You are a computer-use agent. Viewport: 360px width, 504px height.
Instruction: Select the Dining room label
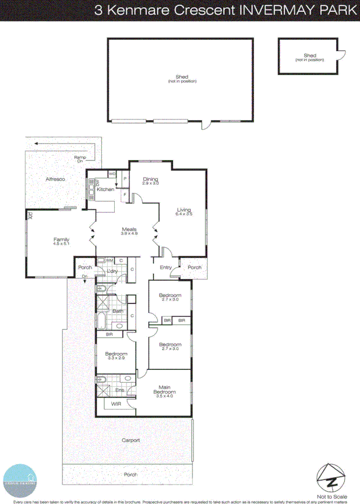(151, 179)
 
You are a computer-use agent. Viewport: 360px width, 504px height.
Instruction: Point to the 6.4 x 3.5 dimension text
(184, 215)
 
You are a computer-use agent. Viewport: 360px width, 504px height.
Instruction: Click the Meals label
(129, 229)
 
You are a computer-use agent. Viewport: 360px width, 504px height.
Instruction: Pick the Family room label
(61, 239)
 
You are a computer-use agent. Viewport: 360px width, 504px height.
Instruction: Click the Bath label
(118, 311)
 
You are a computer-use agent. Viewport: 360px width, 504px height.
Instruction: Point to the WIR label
(116, 404)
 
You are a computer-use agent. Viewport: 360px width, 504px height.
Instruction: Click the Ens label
(119, 390)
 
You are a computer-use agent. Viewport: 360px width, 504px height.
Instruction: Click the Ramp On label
(79, 159)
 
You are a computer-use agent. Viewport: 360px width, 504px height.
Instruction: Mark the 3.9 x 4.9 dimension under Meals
(129, 233)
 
